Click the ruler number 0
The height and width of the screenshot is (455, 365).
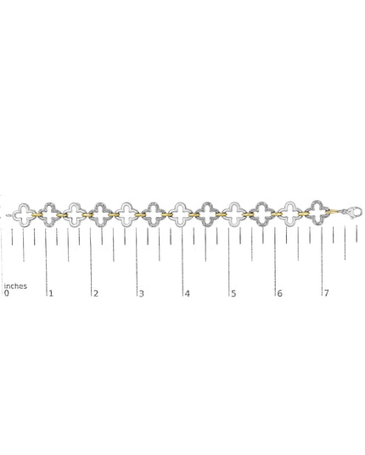point(7,293)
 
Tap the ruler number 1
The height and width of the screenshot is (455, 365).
point(51,293)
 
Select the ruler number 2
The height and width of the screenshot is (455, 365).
point(96,293)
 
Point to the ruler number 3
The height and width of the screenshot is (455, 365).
point(141,294)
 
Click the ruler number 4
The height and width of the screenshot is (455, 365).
point(187,294)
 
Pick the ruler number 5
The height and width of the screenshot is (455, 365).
point(233,294)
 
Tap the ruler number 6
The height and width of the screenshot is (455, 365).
point(279,293)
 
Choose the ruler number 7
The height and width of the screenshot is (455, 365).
point(326,293)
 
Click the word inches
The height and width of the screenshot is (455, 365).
point(15,286)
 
